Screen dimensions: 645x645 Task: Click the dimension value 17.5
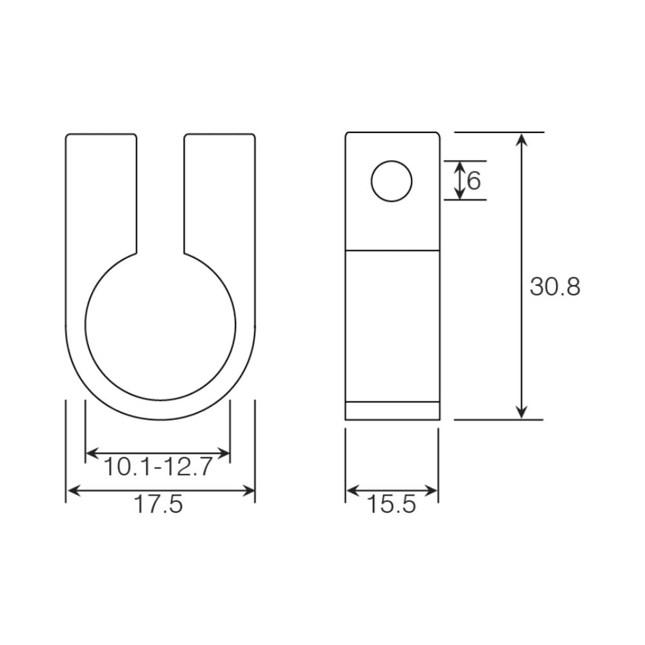(159, 504)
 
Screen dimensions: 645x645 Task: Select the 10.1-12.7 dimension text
(158, 466)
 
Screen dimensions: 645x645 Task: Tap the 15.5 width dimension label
(392, 504)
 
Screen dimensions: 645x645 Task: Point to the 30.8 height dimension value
(555, 286)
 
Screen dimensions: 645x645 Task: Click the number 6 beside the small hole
(474, 181)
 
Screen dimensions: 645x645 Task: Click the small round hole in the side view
(392, 180)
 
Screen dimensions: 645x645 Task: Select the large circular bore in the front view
(160, 325)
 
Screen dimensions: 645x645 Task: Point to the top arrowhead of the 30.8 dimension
(522, 139)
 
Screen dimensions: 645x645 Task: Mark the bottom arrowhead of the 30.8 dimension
(522, 413)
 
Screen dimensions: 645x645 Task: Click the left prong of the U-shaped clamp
(101, 193)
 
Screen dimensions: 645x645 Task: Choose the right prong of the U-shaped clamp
(219, 193)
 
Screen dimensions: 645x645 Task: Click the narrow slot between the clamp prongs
(161, 193)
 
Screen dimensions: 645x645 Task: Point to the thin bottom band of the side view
(392, 411)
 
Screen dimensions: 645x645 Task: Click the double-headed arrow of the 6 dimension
(459, 180)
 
